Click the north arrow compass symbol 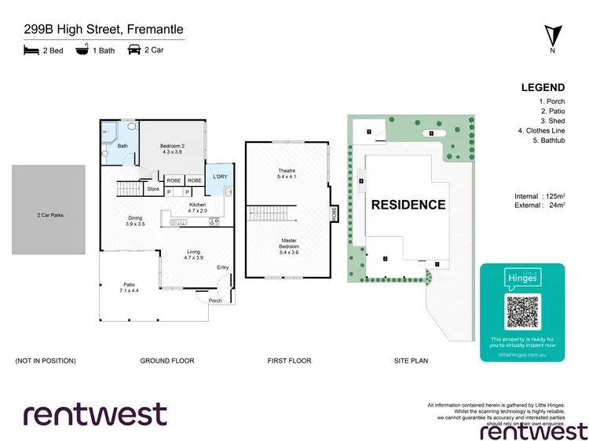tap(552, 37)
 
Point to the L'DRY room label tap(218, 177)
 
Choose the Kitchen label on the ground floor tap(196, 207)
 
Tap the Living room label tap(193, 253)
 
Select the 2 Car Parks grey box tap(49, 210)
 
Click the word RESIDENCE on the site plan tap(408, 206)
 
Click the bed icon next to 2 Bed tap(31, 49)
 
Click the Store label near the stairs tap(152, 189)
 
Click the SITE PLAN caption tap(411, 361)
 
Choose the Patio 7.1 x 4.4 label tap(130, 287)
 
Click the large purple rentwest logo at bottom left tap(94, 414)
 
